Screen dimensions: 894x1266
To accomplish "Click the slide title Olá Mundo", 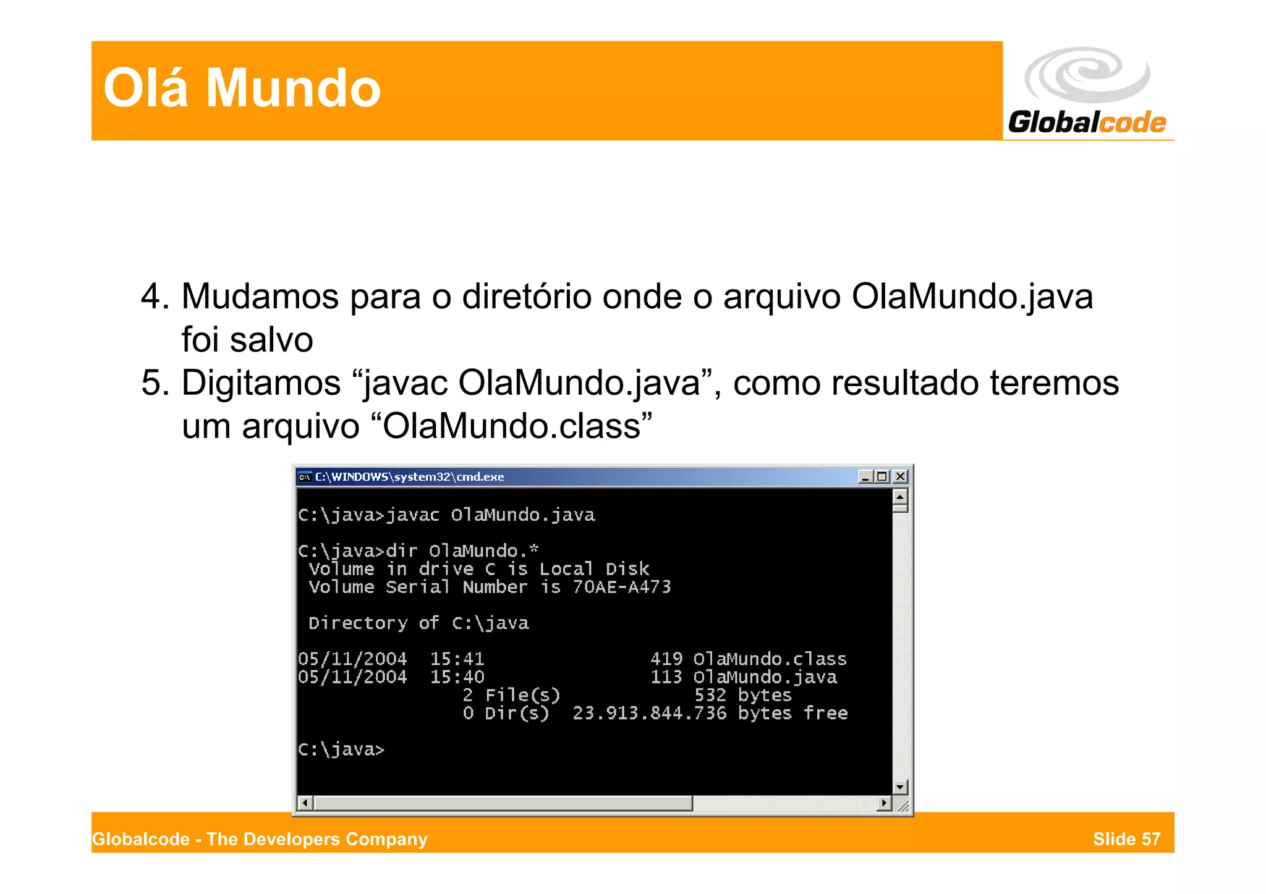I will pos(242,88).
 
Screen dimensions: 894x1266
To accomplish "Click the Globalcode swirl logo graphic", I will pos(1087,75).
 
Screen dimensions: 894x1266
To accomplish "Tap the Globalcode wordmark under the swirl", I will pos(1087,122).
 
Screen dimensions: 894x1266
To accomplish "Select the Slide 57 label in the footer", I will pos(1126,839).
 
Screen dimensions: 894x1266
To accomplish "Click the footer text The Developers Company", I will pos(316,839).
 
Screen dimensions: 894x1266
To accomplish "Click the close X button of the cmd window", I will pos(900,476).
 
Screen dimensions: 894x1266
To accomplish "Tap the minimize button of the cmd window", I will pos(865,476).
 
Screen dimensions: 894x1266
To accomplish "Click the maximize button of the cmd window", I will pos(882,476).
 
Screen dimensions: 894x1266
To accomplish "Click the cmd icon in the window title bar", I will pos(304,477).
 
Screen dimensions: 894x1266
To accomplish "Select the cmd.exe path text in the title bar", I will pos(409,477).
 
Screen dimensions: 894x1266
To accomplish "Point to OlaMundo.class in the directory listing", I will pos(770,659).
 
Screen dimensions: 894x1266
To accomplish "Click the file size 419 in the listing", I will pos(666,659).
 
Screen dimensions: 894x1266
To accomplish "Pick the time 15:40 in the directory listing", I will pos(457,677).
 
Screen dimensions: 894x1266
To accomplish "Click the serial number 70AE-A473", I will pos(621,587).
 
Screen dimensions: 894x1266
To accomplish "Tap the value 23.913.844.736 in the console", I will pos(649,714).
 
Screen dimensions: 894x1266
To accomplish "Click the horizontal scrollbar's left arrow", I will pos(305,803).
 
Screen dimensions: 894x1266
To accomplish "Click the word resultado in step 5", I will pos(904,383).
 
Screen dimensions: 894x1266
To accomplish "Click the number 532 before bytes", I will pos(710,696).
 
